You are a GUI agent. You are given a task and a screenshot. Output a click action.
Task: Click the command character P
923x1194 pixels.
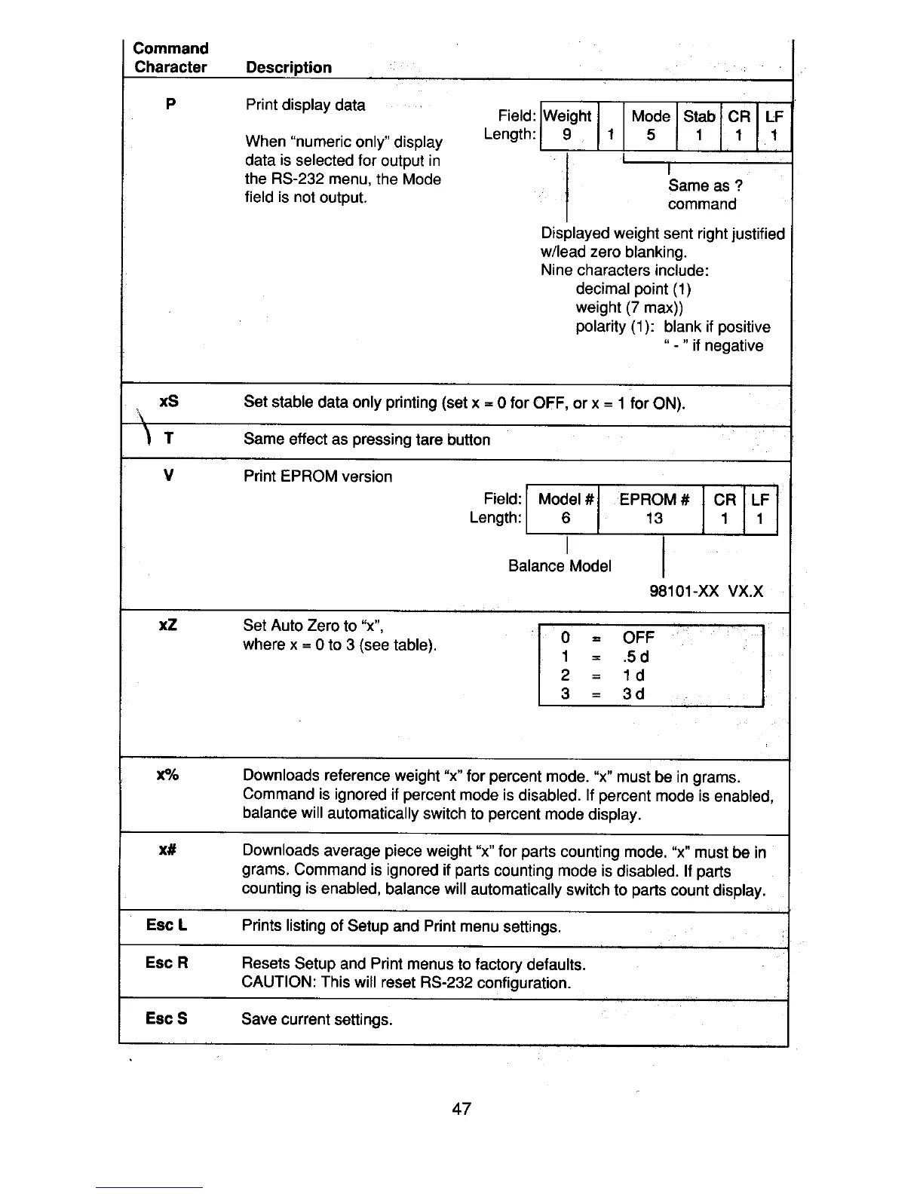[x=170, y=104]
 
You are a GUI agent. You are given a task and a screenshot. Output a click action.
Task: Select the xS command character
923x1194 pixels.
[x=170, y=401]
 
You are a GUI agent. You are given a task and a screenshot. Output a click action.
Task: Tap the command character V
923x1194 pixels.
[x=169, y=476]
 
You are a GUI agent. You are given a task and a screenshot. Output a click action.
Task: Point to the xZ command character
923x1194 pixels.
[x=168, y=625]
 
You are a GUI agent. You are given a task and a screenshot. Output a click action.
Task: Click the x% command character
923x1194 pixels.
[x=167, y=775]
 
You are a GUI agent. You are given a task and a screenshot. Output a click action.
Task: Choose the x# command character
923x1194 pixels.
[x=167, y=850]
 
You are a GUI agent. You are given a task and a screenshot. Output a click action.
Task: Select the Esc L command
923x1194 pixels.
[x=167, y=925]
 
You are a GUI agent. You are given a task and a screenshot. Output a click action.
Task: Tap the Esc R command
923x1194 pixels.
[x=167, y=963]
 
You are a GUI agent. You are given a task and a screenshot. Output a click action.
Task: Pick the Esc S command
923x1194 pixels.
[x=166, y=1018]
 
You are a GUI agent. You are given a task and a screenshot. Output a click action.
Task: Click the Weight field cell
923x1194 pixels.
[x=568, y=116]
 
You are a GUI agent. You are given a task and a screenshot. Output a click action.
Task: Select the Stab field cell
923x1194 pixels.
[x=699, y=116]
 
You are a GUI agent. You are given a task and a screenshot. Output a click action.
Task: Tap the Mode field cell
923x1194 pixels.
[x=651, y=116]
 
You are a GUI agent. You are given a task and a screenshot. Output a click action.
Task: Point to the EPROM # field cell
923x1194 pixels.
[x=654, y=499]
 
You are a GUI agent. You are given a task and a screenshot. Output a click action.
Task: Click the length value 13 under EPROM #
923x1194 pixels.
[x=654, y=518]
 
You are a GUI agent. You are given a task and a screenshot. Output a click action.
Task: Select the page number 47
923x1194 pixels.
[x=461, y=1108]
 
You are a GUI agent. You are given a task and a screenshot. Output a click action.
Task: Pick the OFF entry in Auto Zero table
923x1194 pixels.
[x=639, y=637]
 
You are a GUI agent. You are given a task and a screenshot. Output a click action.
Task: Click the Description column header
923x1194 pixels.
[x=289, y=67]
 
